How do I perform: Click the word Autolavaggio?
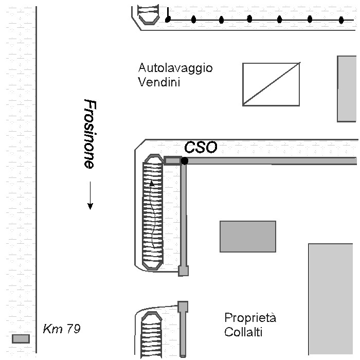[175, 68]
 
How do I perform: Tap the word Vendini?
[159, 82]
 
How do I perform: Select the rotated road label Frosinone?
[90, 134]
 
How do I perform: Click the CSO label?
[201, 147]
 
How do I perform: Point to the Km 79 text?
[62, 329]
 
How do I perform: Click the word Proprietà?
[250, 318]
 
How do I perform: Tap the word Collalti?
[243, 332]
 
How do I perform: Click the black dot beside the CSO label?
[184, 160]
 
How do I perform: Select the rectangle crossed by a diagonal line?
[271, 84]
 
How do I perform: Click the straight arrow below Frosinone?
[90, 195]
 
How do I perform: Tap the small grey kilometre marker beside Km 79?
[21, 338]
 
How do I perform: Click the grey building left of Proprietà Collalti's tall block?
[248, 237]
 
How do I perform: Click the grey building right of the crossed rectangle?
[347, 89]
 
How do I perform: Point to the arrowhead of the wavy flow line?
[152, 183]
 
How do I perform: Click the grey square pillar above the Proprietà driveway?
[183, 307]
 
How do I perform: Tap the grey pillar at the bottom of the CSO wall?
[184, 271]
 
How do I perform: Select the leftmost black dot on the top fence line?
[168, 20]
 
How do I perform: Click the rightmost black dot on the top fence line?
[341, 20]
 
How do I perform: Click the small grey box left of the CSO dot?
[172, 160]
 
